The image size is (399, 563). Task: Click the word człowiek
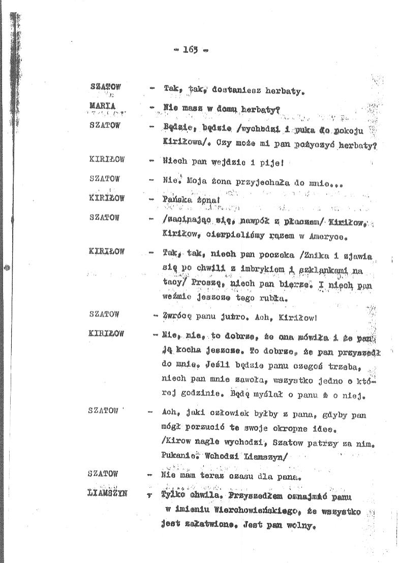(226, 415)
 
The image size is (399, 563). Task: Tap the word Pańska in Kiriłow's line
(178, 200)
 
